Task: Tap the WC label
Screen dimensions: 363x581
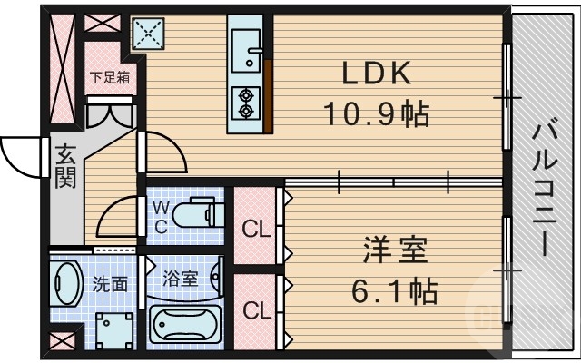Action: (x=160, y=217)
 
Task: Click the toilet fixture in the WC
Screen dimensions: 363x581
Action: (x=195, y=215)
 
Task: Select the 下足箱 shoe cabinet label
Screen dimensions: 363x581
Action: (x=110, y=77)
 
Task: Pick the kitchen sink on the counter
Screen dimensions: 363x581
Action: (x=248, y=45)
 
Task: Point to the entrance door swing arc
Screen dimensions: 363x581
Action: (x=20, y=150)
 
